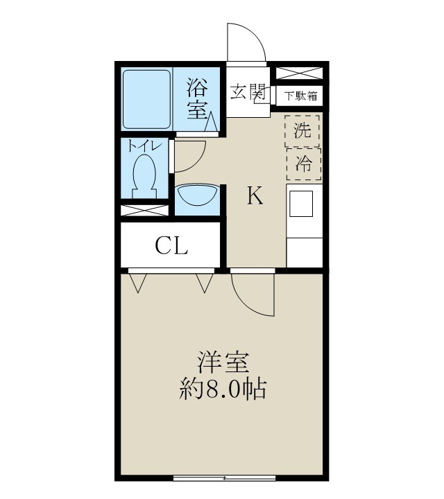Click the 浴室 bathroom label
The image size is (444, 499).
tap(198, 98)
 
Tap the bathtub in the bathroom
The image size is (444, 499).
tap(146, 98)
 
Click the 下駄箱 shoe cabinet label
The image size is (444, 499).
tap(301, 96)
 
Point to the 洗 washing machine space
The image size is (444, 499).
tap(302, 130)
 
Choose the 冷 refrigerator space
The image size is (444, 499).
tap(302, 164)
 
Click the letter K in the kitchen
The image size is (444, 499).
tap(255, 197)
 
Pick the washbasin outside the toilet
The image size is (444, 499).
tap(196, 198)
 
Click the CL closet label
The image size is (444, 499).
tap(171, 246)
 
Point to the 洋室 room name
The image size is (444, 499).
tap(221, 362)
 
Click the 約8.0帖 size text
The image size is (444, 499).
tap(221, 388)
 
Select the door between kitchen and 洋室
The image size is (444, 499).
tap(251, 295)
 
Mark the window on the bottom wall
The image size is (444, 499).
tap(225, 478)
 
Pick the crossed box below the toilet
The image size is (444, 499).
tap(145, 210)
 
